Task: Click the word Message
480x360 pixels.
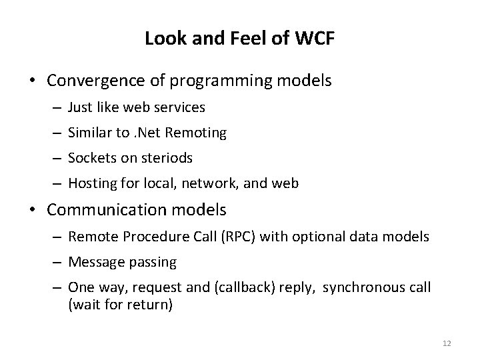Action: [x=93, y=262]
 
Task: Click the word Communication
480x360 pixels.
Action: [x=99, y=211]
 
